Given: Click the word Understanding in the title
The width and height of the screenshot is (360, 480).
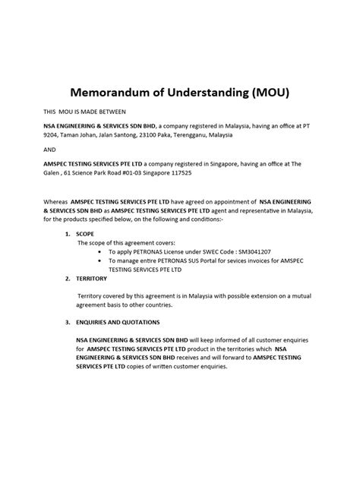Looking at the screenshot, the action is [x=204, y=94].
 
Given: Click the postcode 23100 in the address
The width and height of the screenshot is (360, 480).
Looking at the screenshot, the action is [x=144, y=135].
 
